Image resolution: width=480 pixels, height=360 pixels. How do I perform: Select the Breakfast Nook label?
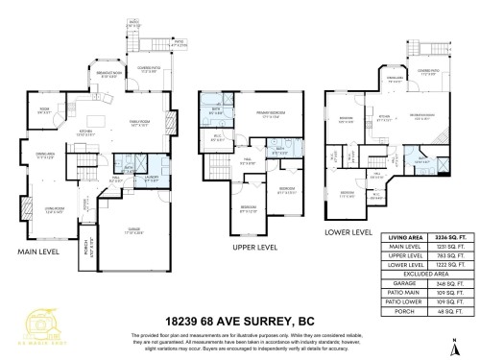coord(107,75)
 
